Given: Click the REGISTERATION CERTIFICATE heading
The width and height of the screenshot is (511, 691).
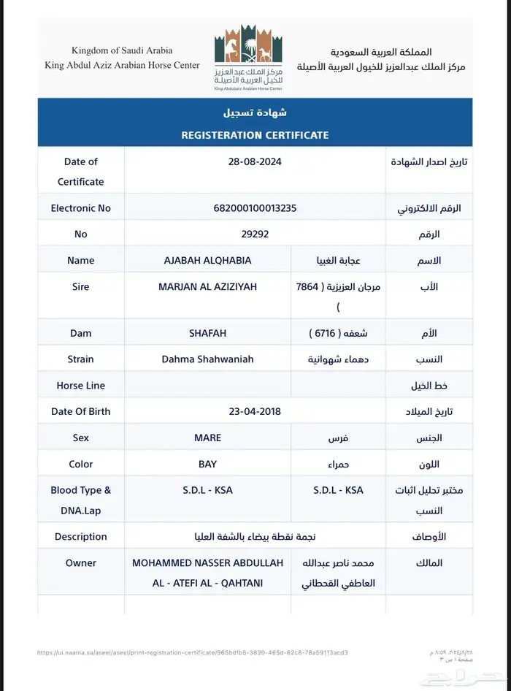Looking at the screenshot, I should click(255, 135).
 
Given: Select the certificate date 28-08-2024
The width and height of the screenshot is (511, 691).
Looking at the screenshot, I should click(255, 161).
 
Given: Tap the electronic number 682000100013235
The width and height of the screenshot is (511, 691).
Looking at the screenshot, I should click(255, 208).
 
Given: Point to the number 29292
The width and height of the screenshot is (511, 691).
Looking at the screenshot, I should click(255, 234).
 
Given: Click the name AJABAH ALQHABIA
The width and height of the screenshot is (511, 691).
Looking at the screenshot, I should click(209, 260).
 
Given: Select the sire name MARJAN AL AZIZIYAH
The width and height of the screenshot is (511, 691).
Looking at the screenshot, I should click(209, 286).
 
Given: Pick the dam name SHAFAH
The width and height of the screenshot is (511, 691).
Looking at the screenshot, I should click(209, 333).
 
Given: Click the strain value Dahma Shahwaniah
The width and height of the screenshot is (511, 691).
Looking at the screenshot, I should click(209, 359).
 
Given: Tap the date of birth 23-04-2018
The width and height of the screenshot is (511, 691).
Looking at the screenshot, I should click(255, 411).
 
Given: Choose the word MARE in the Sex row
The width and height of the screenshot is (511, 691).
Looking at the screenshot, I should click(209, 438).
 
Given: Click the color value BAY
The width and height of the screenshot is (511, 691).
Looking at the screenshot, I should click(209, 464).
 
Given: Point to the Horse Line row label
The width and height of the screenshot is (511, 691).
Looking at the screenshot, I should click(80, 385).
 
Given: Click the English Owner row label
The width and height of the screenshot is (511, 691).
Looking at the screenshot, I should click(80, 562).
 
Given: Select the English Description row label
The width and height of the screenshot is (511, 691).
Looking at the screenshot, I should click(80, 536).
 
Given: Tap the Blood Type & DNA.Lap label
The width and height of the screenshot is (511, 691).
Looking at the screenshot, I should click(80, 500).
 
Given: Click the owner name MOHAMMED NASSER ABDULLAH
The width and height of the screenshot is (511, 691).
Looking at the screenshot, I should click(209, 563).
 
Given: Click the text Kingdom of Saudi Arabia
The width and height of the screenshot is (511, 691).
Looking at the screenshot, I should click(122, 50).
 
